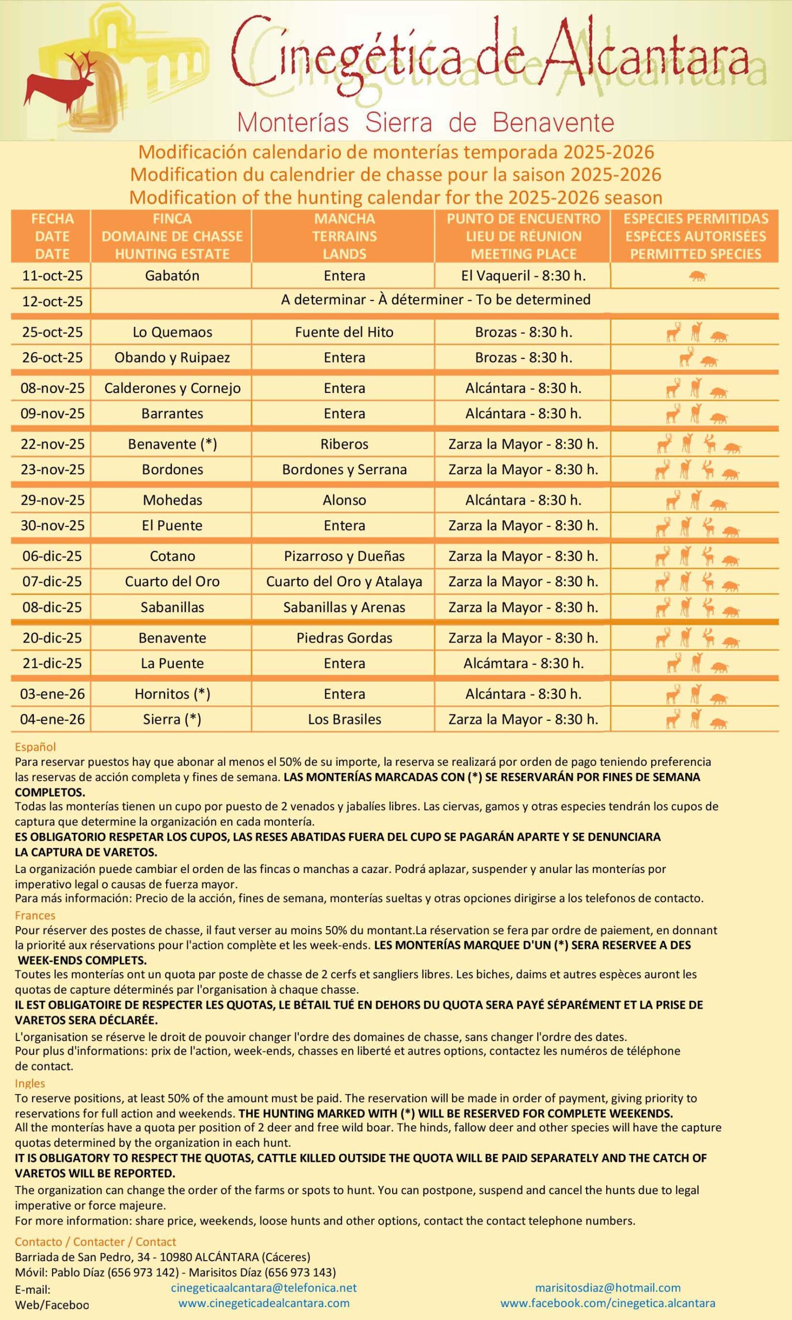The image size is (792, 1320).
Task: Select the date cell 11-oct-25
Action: coord(52,276)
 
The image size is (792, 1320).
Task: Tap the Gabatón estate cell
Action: coord(172,276)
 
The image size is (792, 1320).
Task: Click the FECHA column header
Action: coord(52,219)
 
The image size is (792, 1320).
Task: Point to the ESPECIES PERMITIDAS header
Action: coord(696,219)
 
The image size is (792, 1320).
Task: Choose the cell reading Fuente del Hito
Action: coord(344,332)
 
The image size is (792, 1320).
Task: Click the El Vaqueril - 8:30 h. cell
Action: coord(523,276)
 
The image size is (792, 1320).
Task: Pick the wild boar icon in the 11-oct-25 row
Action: coord(697,276)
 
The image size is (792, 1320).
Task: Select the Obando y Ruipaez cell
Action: coord(172,357)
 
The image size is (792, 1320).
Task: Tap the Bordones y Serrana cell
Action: coord(344,469)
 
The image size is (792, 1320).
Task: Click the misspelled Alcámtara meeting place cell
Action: coord(523,663)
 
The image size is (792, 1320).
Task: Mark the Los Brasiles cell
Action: coord(344,719)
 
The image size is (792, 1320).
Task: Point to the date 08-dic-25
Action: coord(52,607)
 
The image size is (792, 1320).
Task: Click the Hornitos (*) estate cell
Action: coord(172,694)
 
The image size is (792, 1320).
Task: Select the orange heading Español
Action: coord(35,747)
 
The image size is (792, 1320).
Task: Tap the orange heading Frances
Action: coord(35,915)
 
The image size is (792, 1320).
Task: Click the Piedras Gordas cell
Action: coord(344,638)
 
